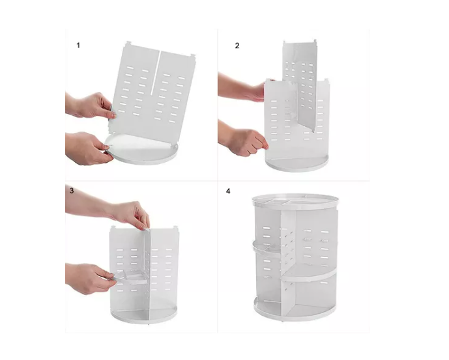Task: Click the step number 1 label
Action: (x=78, y=45)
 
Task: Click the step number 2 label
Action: (x=237, y=46)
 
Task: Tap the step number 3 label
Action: (x=71, y=190)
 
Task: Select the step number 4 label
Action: (x=228, y=191)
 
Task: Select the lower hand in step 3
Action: (x=91, y=277)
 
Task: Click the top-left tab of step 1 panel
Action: (x=128, y=45)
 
